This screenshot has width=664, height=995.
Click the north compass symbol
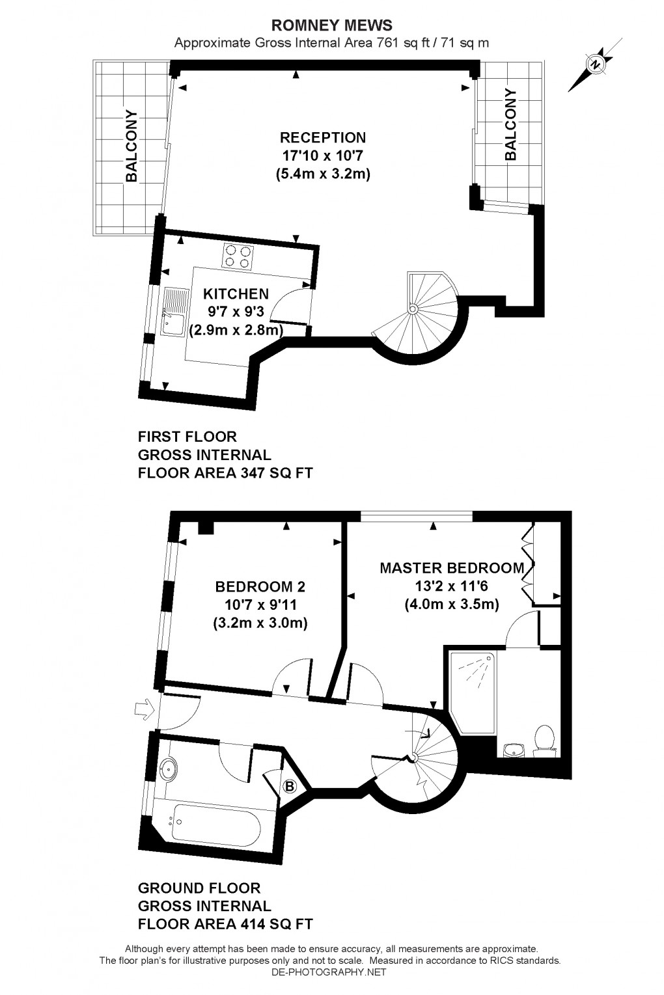point(594,64)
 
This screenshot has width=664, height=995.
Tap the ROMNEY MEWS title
point(331,25)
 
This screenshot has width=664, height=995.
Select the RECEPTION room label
point(323,137)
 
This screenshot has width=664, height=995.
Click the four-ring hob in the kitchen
point(237,255)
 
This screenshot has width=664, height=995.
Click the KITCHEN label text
point(236,294)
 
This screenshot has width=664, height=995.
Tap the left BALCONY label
point(132,146)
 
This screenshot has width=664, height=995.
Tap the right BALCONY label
point(510,124)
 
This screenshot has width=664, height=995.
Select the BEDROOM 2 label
point(260,586)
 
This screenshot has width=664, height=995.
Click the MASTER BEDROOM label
point(452,567)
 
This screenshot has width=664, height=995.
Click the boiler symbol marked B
point(290,786)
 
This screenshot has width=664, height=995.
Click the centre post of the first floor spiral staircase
point(411,310)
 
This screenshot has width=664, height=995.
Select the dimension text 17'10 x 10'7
point(323,156)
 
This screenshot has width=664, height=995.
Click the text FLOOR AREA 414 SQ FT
point(225,924)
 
